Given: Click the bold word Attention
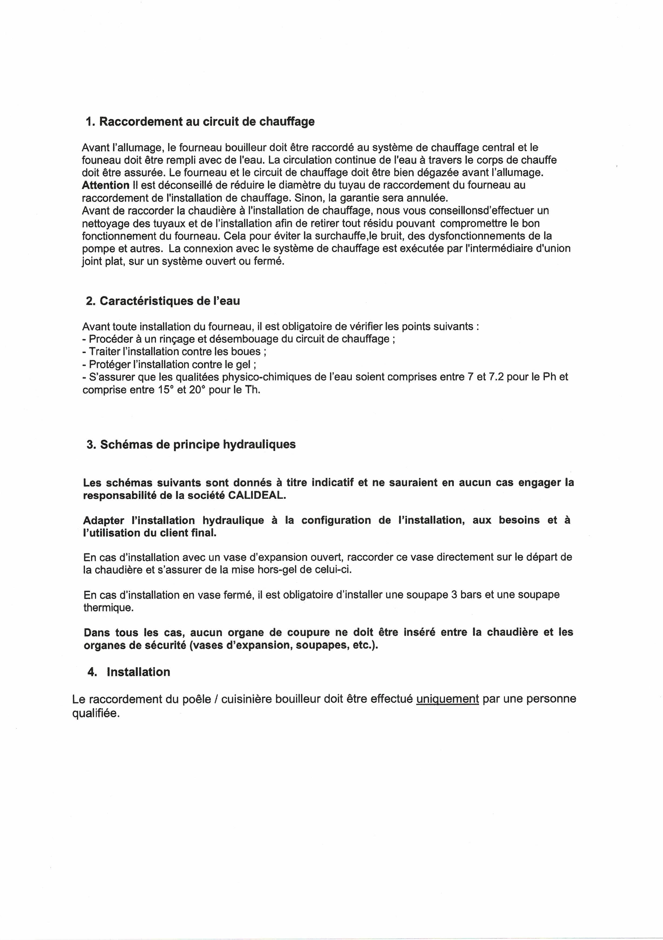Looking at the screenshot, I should [x=105, y=185].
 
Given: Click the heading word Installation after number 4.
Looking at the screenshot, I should [x=138, y=672].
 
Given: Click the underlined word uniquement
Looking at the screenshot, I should [x=447, y=699].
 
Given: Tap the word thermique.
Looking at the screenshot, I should [x=108, y=608].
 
